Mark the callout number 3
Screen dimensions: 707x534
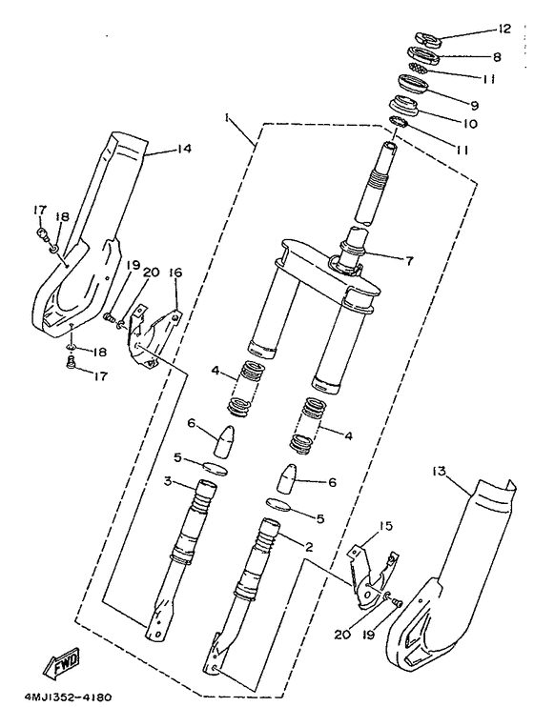pos(167,483)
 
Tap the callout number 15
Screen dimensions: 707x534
pos(385,525)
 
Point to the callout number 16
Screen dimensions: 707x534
pos(175,273)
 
